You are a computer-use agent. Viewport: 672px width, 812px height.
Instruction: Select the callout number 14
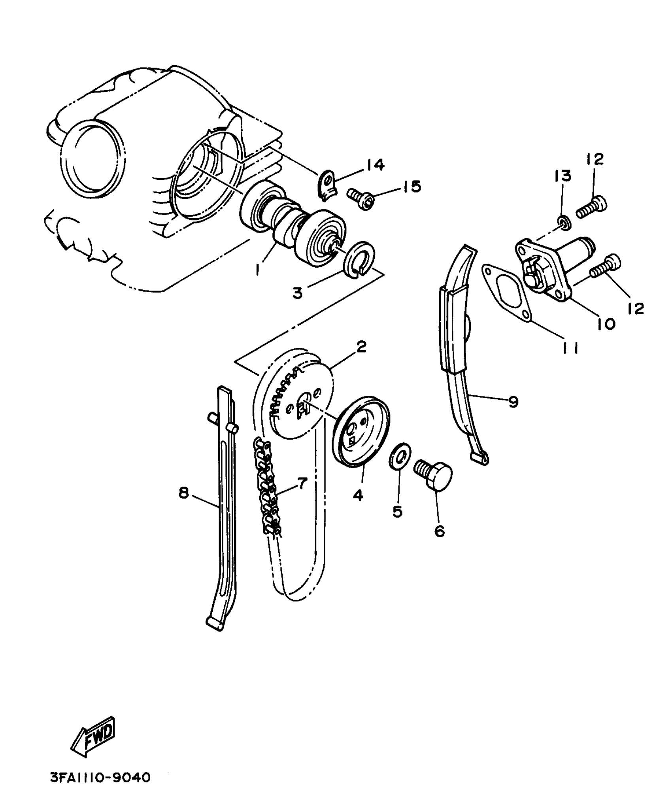tap(375, 165)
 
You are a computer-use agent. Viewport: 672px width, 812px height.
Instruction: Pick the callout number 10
tap(606, 324)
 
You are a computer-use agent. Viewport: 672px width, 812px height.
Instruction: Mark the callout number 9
tap(513, 402)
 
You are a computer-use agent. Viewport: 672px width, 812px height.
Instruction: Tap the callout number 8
tap(184, 493)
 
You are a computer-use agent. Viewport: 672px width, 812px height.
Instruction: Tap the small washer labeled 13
tap(563, 223)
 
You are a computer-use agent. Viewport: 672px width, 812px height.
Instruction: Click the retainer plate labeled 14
tap(327, 184)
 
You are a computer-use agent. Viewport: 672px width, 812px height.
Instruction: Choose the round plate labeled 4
tap(361, 432)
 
